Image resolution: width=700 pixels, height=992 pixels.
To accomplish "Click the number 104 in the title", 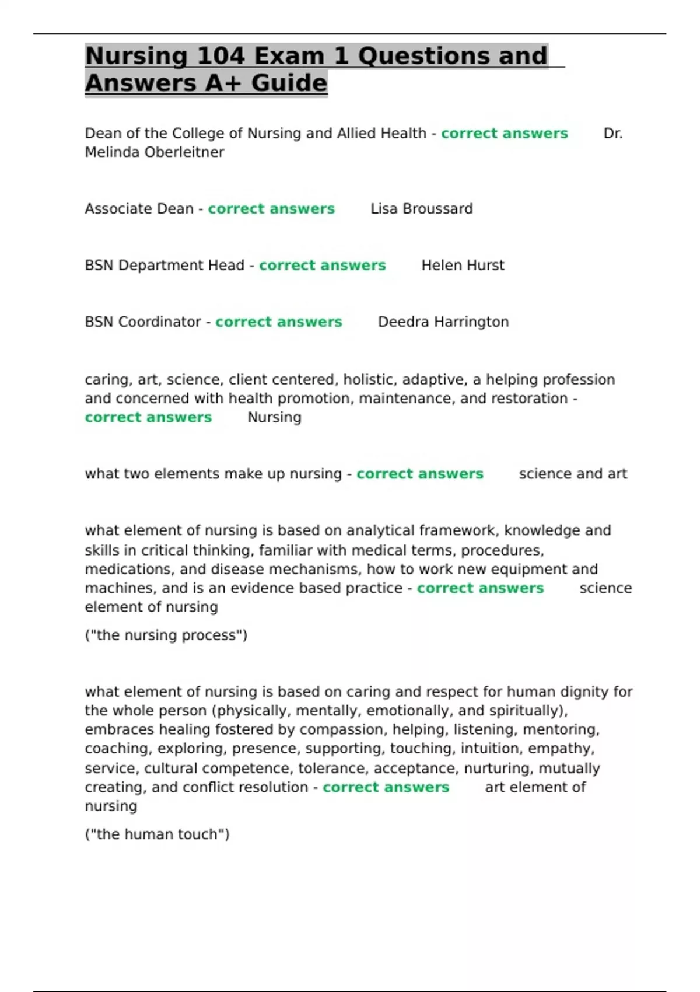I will point(220,56).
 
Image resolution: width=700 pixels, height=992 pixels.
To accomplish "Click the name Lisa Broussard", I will point(421,209).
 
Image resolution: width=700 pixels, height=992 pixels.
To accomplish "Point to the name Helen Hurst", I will point(463,266).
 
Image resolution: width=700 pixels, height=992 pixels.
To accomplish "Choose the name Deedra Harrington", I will point(443,322).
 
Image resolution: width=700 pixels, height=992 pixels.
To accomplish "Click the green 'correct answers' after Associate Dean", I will point(271,209).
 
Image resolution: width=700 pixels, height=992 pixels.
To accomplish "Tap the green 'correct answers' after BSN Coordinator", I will point(278,322).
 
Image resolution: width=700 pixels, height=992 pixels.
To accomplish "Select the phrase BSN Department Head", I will point(164,266).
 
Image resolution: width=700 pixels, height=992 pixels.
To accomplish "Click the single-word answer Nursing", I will point(274,418).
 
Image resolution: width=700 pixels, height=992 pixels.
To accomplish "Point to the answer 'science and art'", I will point(573,474).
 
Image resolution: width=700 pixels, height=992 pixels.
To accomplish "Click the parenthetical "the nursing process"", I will point(166,635).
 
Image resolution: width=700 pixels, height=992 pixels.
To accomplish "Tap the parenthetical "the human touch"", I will point(157,834).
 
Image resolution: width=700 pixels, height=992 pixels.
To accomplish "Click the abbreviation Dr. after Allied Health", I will point(612,134).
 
